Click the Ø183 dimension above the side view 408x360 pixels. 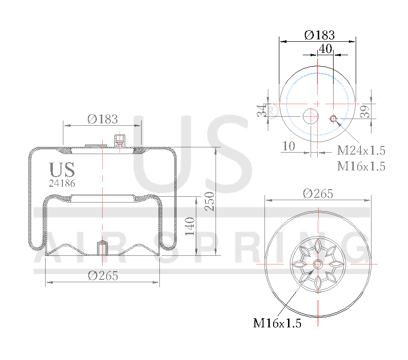[x=102, y=119]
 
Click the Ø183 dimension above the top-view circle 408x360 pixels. [x=319, y=35]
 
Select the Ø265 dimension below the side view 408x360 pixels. [x=103, y=276]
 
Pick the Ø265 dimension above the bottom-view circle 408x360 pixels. [x=318, y=193]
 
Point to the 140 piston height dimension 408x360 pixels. [x=190, y=227]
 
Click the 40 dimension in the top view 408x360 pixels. [x=325, y=48]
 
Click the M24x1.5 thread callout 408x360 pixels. [x=361, y=150]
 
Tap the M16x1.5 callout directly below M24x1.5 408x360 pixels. [x=361, y=166]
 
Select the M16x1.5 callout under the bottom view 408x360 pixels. [x=277, y=323]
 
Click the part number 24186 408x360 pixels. [x=62, y=183]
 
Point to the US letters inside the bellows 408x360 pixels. [x=62, y=170]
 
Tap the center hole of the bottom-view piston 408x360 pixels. [x=317, y=264]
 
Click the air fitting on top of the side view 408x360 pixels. [x=119, y=142]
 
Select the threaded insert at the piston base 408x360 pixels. [x=102, y=248]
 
